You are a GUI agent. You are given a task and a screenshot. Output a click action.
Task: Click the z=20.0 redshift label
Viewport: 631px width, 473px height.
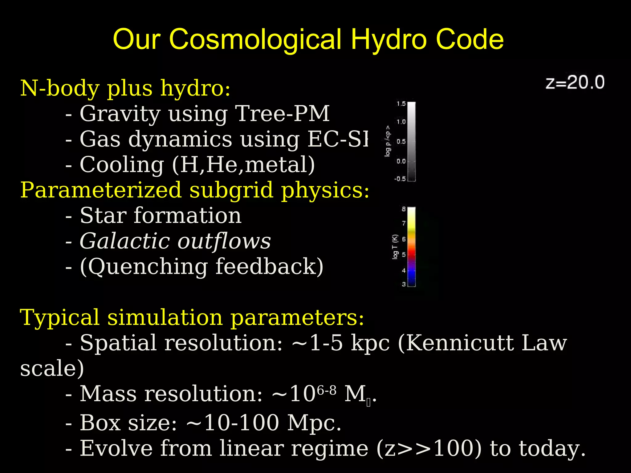(x=575, y=83)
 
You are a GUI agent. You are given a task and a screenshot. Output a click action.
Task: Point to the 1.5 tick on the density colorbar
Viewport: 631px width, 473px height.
(x=401, y=104)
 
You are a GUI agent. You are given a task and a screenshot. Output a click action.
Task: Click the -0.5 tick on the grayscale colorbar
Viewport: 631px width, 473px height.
(x=400, y=179)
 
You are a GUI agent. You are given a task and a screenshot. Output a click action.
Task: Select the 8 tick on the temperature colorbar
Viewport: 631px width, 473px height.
(x=404, y=209)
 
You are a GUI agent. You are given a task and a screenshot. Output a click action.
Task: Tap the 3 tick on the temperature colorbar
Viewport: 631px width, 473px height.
(x=404, y=284)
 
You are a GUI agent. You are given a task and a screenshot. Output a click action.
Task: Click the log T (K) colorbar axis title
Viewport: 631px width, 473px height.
(x=395, y=247)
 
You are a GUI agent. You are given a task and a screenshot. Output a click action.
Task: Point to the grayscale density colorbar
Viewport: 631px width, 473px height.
(x=411, y=142)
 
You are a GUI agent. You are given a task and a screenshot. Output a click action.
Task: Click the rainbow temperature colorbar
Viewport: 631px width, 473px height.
(x=411, y=247)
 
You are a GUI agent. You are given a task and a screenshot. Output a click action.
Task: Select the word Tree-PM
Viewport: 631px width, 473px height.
(x=282, y=114)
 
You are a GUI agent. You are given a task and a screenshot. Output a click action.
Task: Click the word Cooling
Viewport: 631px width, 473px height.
(x=122, y=165)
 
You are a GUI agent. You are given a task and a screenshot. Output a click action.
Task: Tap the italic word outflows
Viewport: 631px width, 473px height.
(x=224, y=241)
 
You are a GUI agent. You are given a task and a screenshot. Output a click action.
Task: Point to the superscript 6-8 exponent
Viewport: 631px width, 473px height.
(x=327, y=391)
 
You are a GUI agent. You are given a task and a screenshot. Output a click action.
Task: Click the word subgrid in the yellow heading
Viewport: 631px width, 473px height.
(x=231, y=190)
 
